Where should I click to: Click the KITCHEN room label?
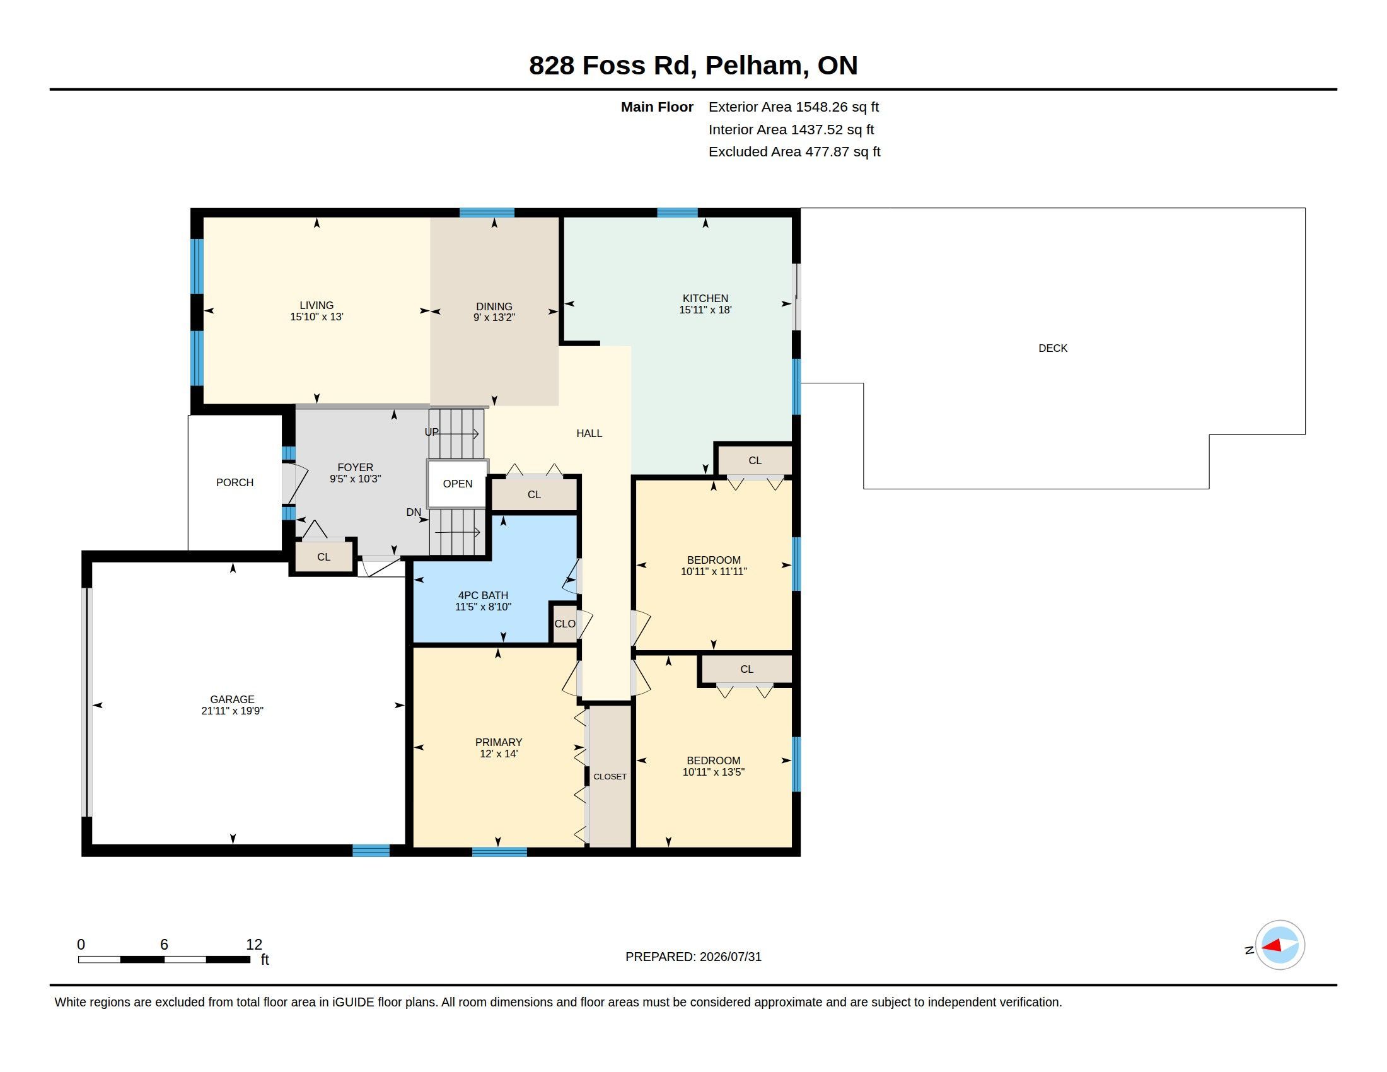coord(705,298)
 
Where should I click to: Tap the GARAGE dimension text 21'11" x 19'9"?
coord(233,711)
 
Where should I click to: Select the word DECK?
coord(1052,348)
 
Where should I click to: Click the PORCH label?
coord(235,482)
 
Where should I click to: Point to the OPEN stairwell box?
coord(457,484)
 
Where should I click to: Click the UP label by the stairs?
coord(432,432)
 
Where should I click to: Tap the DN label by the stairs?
coord(414,512)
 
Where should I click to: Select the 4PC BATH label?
coord(484,596)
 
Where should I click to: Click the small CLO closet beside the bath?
coord(564,624)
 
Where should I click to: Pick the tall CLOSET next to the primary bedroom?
coord(610,776)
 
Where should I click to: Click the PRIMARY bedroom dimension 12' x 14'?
coord(499,754)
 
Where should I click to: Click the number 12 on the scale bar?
coord(254,945)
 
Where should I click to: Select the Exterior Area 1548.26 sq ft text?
coord(794,107)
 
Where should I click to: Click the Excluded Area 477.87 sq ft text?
coord(794,152)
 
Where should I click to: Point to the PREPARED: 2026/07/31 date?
coord(693,957)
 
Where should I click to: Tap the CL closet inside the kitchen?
coord(755,460)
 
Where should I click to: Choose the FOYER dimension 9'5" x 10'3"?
coord(355,479)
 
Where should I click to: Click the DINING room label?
coord(494,306)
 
